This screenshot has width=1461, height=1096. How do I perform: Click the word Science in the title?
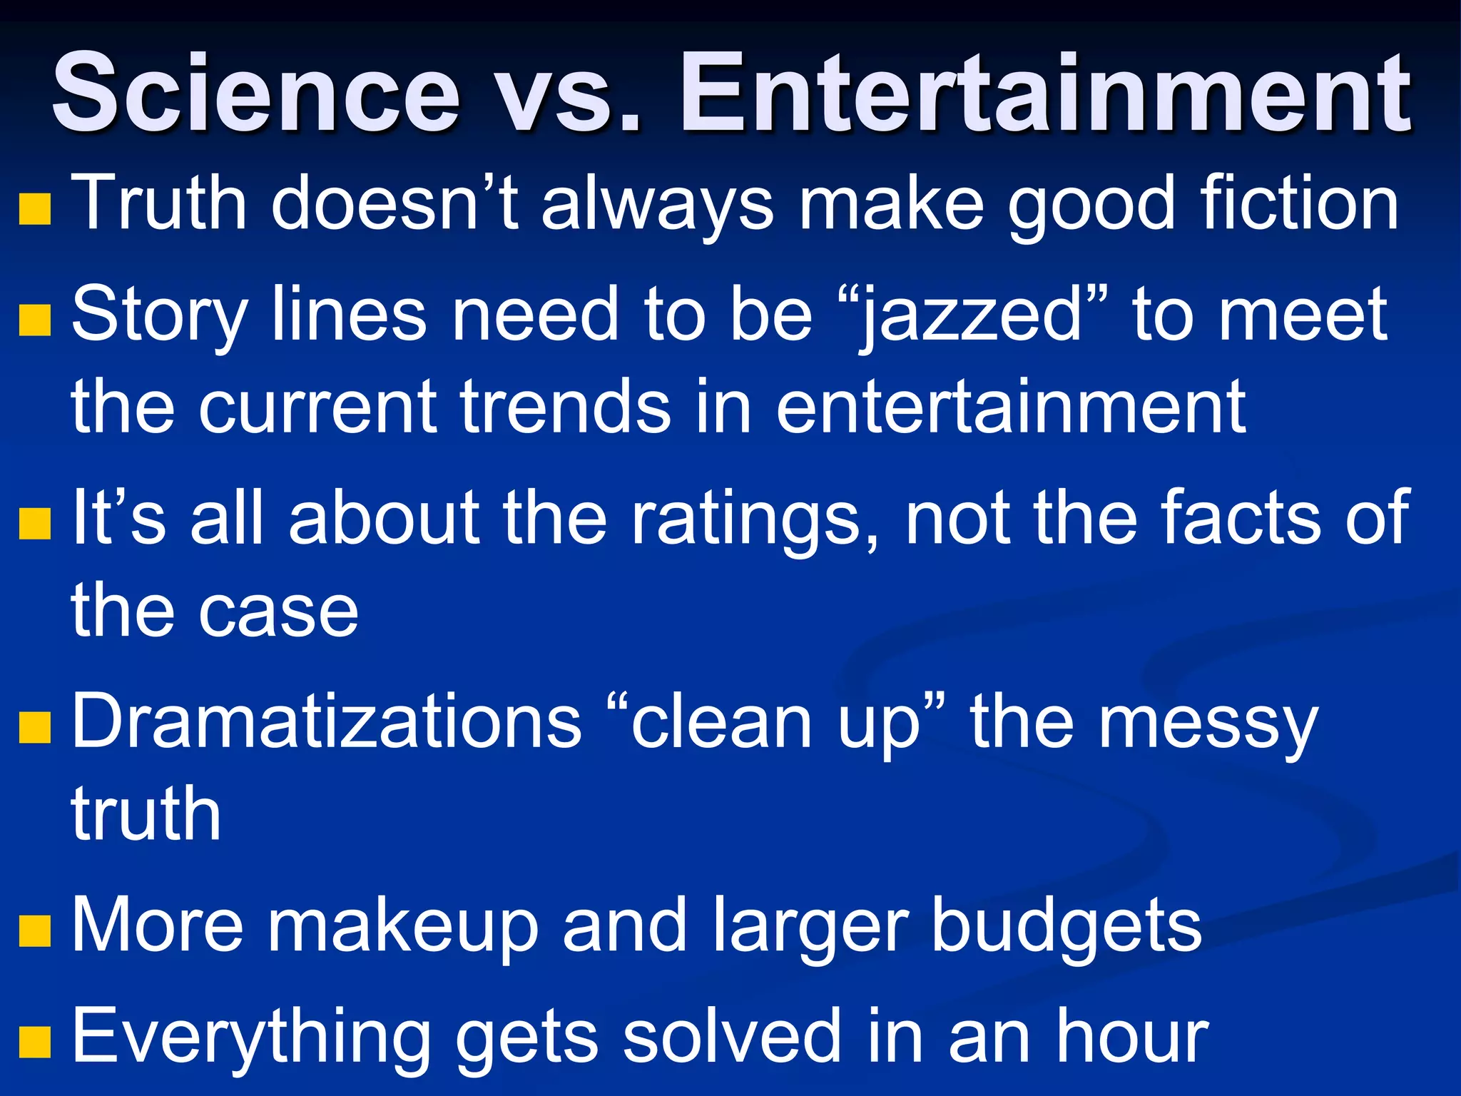tap(257, 93)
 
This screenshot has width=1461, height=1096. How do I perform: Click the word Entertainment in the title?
tap(1045, 93)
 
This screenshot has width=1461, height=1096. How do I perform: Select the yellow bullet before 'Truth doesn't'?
tap(35, 209)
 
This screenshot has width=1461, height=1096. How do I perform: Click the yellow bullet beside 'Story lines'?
tap(35, 319)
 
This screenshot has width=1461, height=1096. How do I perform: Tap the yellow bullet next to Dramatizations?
tap(35, 727)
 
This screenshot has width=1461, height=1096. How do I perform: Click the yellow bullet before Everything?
tap(35, 1041)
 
